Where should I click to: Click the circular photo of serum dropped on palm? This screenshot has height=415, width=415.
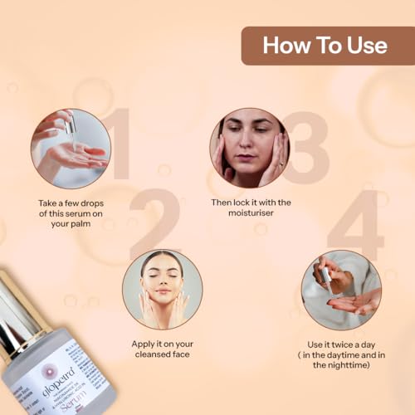[x=71, y=147]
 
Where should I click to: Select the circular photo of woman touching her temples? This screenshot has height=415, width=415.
[x=249, y=147]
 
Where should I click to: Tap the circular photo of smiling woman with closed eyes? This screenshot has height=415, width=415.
[x=162, y=290]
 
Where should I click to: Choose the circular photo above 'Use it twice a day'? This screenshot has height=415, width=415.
[x=341, y=290]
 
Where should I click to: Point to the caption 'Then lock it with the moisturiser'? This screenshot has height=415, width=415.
[x=250, y=207]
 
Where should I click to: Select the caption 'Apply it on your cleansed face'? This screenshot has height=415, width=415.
[x=163, y=348]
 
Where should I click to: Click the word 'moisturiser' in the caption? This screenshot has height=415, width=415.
[x=250, y=214]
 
